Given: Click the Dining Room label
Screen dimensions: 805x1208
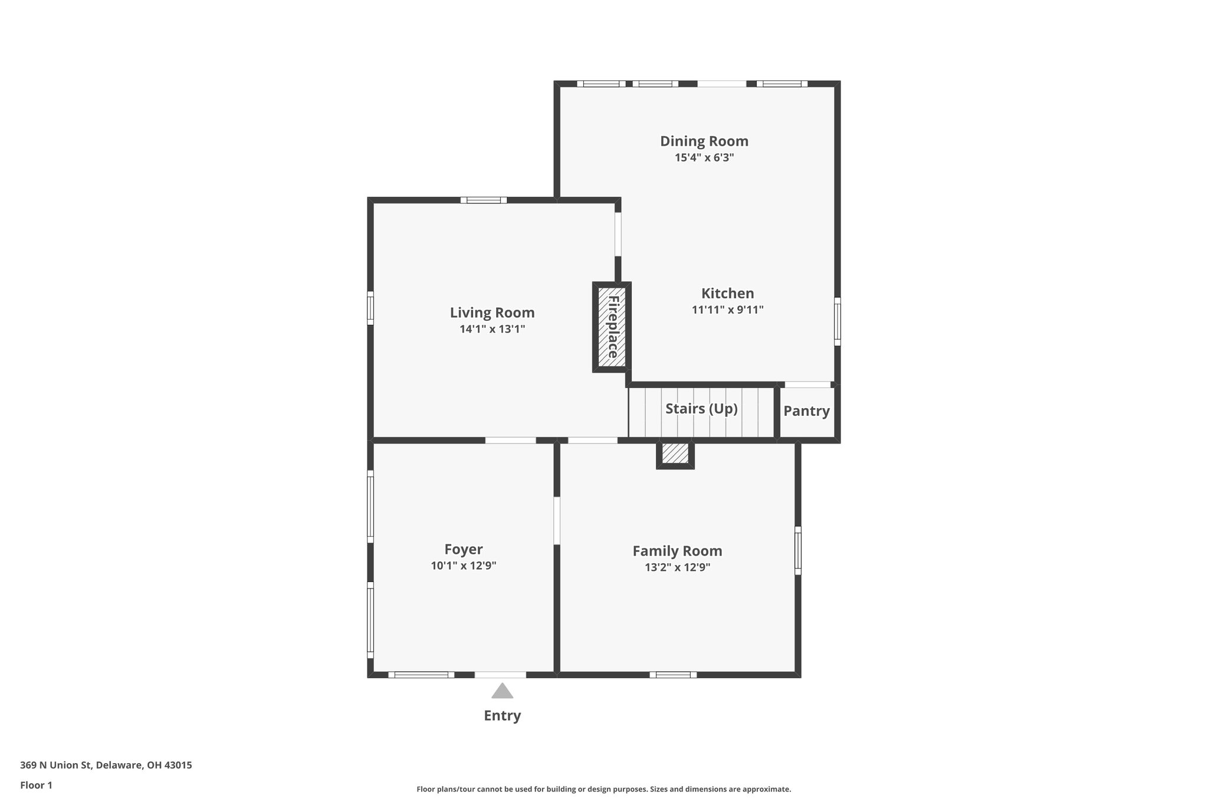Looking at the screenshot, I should coord(704,141).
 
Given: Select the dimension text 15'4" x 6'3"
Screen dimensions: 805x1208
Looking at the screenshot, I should coord(704,157).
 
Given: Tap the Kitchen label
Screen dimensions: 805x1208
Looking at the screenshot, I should coord(727,293).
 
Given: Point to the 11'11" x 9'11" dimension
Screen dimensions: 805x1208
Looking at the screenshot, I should coord(727,310).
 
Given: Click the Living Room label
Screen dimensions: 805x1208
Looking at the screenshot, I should coord(492,313).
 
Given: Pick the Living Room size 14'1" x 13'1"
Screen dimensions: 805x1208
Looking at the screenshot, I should coord(492,329).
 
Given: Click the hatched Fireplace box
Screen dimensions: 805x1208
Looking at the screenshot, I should coord(612,327).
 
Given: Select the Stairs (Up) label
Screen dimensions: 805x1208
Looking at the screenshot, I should coord(701,409).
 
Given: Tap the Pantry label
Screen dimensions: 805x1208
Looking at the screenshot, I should coord(806,411).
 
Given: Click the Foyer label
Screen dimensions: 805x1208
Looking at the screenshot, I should coord(463,549).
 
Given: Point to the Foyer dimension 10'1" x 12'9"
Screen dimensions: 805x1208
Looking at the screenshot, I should coord(463,566).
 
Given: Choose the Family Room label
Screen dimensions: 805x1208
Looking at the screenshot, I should coord(677,551).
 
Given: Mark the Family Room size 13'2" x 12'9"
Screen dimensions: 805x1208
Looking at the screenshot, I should coord(677,567).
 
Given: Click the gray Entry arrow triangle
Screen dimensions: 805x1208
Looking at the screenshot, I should coord(502,692).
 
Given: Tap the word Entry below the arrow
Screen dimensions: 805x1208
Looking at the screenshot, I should coord(502,715).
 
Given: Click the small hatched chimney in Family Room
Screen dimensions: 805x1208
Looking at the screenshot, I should coord(675,454).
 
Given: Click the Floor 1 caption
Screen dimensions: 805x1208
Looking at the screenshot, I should coord(36,785).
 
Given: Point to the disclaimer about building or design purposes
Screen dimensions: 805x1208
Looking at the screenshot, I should coord(603,789).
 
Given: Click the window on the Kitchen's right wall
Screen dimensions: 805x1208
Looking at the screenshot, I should coord(837,321).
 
